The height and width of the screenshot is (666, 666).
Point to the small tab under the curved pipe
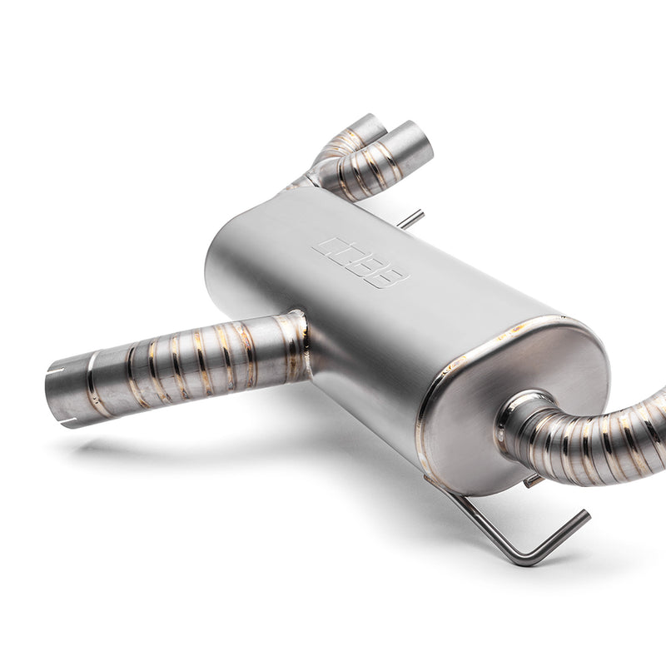(x=533, y=481)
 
